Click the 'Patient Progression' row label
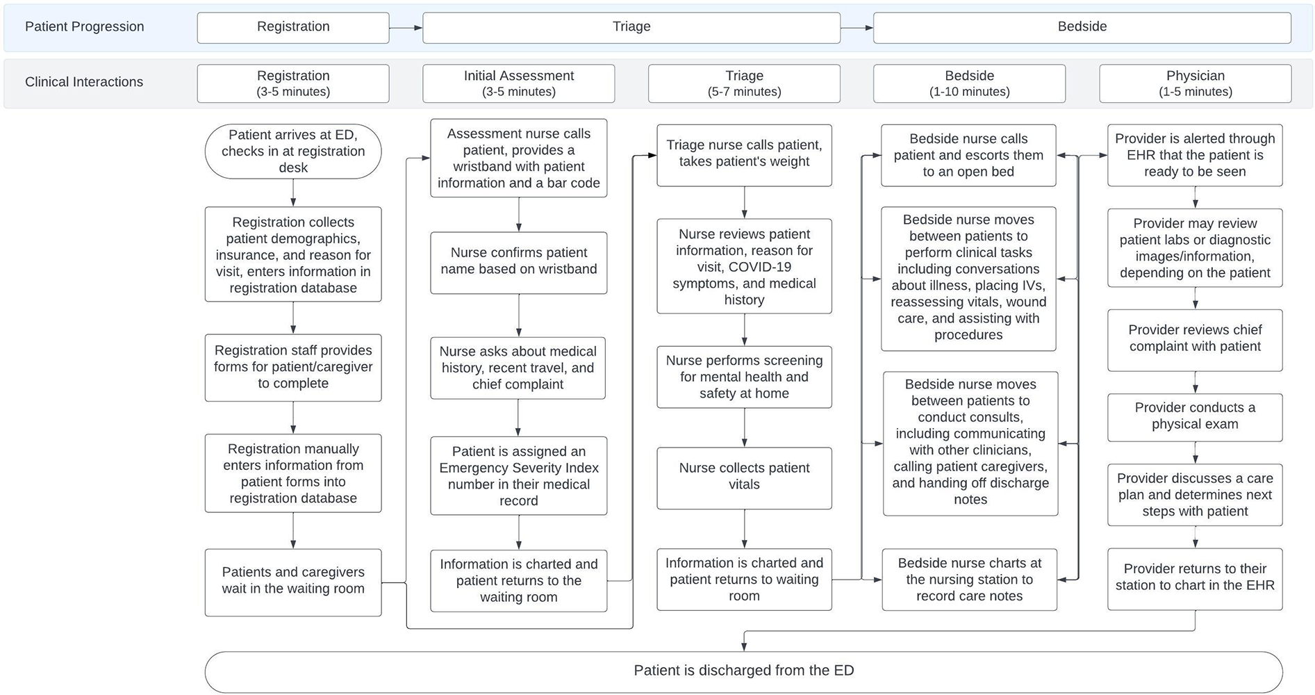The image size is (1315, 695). [84, 27]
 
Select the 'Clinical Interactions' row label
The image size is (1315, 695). [84, 82]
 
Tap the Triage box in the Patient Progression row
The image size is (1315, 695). [631, 27]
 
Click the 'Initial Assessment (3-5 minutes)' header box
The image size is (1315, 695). [518, 83]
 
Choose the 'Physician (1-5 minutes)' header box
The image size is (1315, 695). [1195, 83]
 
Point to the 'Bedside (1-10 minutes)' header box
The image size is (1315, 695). [969, 83]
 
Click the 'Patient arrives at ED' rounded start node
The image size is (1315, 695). [292, 152]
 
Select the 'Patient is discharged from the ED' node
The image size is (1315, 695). [743, 671]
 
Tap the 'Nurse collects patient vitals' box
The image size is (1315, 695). [744, 477]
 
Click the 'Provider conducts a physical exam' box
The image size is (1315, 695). [1195, 416]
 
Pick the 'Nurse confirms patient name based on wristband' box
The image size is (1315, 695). [518, 261]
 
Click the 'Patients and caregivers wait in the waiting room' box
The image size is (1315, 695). [292, 581]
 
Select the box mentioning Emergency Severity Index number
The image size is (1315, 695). [518, 476]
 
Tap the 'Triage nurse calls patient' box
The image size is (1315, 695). [744, 154]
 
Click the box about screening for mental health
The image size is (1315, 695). [744, 377]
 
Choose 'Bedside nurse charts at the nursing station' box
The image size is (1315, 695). [969, 580]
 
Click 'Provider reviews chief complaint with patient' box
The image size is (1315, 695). [1195, 338]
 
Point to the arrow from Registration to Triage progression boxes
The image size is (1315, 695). [406, 28]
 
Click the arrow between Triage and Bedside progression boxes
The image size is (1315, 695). [857, 28]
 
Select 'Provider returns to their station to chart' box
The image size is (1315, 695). [1195, 578]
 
